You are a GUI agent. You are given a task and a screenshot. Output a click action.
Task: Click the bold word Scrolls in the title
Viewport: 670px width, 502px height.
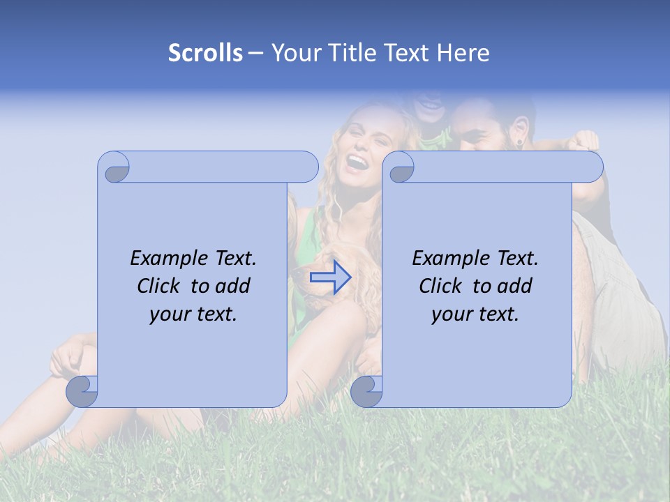pyautogui.click(x=205, y=53)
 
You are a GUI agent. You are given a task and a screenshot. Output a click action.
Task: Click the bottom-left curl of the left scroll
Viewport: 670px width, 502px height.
pyautogui.click(x=82, y=391)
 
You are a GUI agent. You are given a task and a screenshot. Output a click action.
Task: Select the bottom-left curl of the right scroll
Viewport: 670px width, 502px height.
pyautogui.click(x=366, y=391)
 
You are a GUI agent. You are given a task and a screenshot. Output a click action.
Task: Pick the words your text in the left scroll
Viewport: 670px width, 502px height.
pyautogui.click(x=193, y=314)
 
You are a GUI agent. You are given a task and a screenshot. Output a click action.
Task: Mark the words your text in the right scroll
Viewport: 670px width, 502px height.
pyautogui.click(x=475, y=314)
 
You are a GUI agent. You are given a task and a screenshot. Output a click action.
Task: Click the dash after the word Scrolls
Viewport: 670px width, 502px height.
pyautogui.click(x=255, y=53)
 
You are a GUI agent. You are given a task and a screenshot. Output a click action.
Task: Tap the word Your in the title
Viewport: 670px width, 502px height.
pyautogui.click(x=295, y=53)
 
